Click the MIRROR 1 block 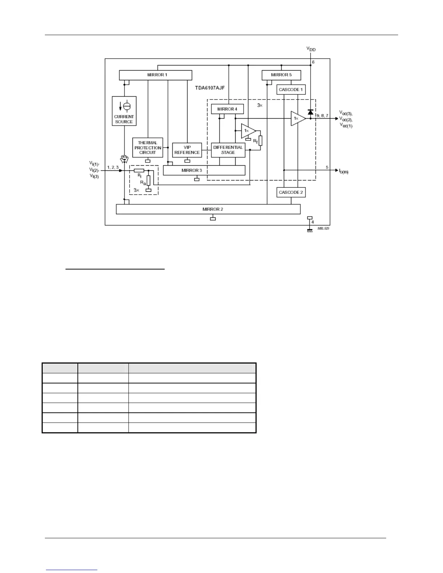point(156,75)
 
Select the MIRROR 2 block point(208,209)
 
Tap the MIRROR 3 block point(204,170)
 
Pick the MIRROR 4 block point(227,109)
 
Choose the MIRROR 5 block point(281,75)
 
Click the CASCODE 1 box point(291,89)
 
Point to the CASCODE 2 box point(291,192)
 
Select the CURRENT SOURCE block point(124,111)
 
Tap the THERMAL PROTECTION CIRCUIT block point(148,148)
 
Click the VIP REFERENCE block point(187,150)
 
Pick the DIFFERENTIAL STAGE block point(228,150)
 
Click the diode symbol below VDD point(310,112)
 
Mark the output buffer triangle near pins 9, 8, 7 point(298,119)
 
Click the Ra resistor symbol point(148,180)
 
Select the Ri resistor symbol point(139,170)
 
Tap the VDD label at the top point(311,49)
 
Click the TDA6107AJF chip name point(210,88)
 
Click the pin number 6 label point(313,62)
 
